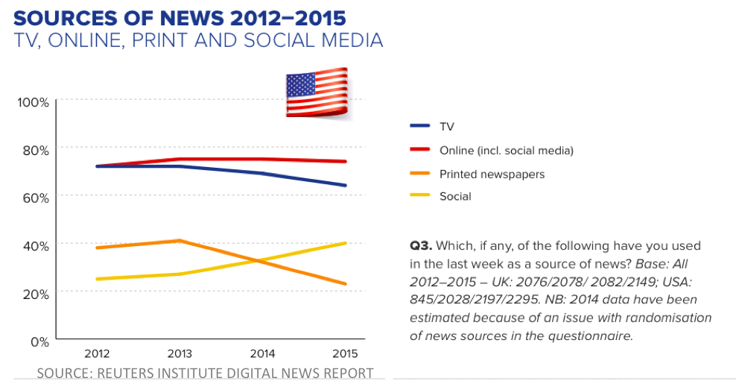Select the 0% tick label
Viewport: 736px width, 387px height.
tap(39, 342)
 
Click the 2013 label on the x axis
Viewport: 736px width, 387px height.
tap(179, 353)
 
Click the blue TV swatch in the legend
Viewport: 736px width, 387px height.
tap(420, 127)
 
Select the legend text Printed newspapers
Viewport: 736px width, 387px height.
tap(491, 174)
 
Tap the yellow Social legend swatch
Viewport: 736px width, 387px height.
tap(420, 197)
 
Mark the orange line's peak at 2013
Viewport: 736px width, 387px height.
tap(180, 240)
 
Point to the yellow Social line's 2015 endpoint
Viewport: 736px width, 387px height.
tap(346, 243)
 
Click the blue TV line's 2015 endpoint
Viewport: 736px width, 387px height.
tap(346, 185)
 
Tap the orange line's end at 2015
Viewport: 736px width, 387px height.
tap(346, 283)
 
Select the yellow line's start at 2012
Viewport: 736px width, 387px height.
tap(96, 279)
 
